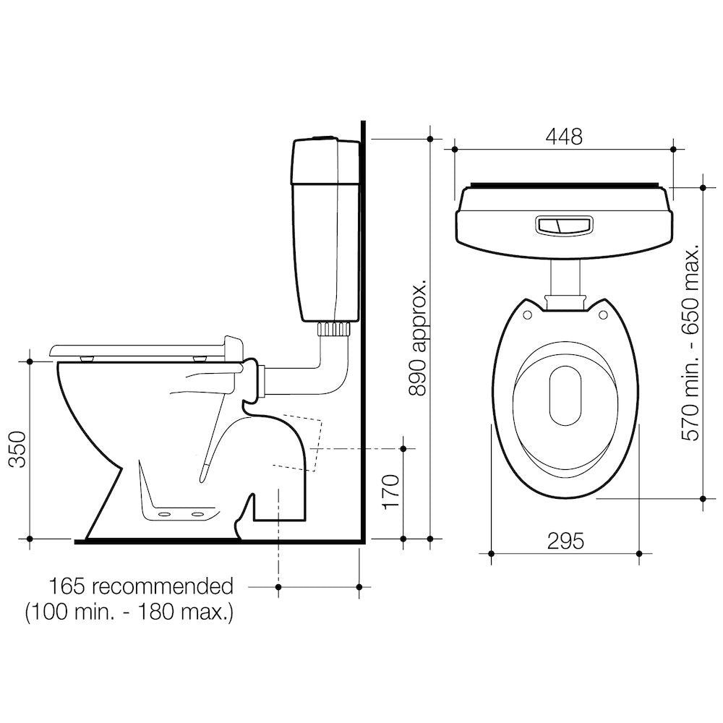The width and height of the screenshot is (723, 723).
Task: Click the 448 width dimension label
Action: pos(565,136)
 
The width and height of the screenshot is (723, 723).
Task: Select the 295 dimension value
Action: pos(565,540)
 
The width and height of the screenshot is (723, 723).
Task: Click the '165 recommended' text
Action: pos(141,586)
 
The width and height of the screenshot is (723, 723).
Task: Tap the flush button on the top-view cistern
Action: pos(564,226)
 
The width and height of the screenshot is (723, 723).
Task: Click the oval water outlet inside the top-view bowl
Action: pos(565,395)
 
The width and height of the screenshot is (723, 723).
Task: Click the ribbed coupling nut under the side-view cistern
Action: pos(333,329)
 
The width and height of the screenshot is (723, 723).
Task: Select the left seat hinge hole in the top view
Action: pos(527,315)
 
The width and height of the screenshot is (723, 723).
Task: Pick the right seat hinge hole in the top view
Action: pos(602,315)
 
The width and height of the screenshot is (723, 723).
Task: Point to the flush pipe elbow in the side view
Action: pos(329,376)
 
